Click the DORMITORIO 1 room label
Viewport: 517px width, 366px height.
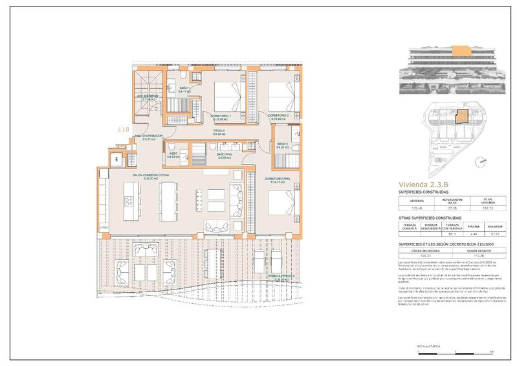221,116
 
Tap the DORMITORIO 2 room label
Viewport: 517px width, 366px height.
278,116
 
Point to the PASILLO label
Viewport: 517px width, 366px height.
219,131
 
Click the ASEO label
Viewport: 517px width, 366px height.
173,154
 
